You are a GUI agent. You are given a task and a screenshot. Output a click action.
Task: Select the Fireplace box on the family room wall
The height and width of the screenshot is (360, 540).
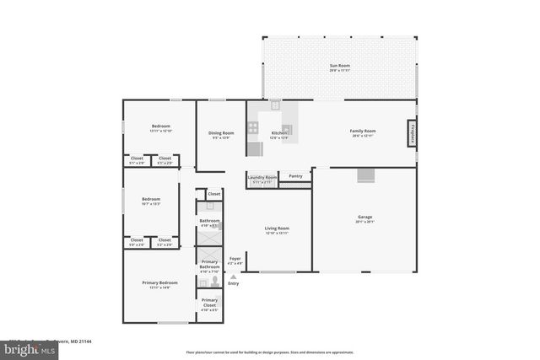[x=413, y=133]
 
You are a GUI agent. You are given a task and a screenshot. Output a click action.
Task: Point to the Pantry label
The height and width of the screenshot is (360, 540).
[x=295, y=176]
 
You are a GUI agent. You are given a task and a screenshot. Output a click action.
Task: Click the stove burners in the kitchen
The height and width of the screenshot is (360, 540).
[x=253, y=129]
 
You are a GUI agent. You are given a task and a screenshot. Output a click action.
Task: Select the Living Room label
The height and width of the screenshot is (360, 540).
[x=277, y=230]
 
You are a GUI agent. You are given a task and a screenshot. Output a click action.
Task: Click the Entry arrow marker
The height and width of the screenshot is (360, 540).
[x=234, y=277]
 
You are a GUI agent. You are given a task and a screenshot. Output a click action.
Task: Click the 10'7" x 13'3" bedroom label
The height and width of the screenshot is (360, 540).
[x=151, y=201]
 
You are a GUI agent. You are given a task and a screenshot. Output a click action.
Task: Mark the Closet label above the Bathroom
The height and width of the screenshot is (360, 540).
[x=213, y=193]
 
